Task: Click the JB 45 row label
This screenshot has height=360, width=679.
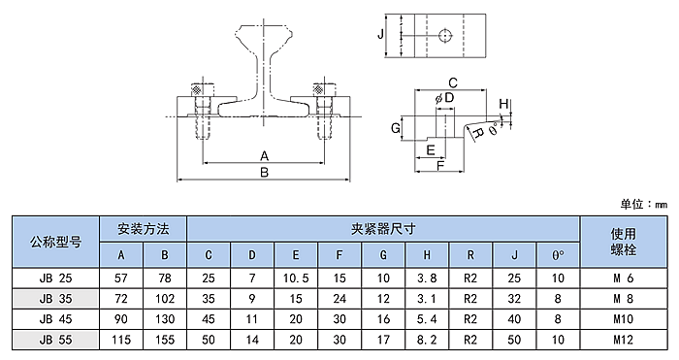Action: coord(55,319)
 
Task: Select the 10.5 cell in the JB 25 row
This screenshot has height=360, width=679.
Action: coord(296,278)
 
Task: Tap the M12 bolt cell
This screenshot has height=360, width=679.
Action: coord(623,340)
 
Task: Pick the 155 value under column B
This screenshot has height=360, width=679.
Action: coord(165,340)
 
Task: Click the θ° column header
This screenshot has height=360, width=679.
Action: coord(558,255)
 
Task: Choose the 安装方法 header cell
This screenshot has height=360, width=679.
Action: coord(143,229)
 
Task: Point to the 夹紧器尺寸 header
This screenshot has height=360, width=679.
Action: coord(383,229)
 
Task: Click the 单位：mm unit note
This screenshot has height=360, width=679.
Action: coord(643,204)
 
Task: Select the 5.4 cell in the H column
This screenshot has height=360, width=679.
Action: coord(427,319)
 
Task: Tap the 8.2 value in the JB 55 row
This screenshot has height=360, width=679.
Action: coord(427,340)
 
